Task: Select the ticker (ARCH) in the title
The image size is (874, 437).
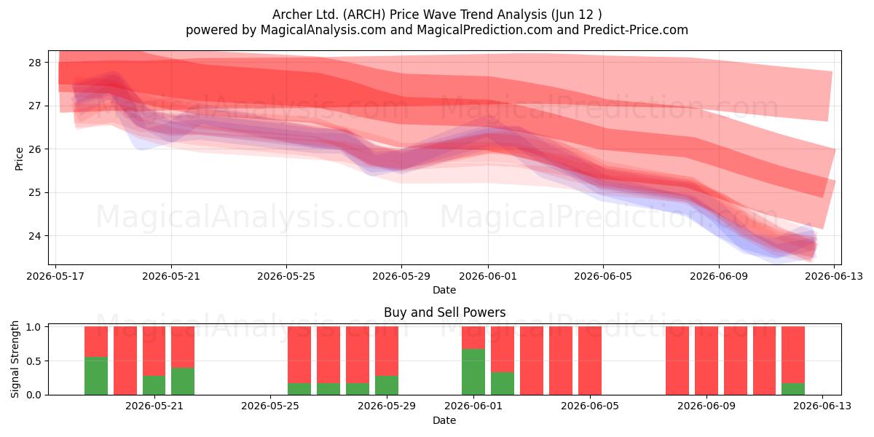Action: pos(364,15)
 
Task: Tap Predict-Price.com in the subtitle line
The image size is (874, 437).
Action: pos(636,30)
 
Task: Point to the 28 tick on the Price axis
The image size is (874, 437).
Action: pos(34,63)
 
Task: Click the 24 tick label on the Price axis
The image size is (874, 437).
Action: pos(34,236)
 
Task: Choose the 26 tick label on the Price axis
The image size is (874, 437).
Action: pos(34,149)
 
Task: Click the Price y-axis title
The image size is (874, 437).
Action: pos(19,160)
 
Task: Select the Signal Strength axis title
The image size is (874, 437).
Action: pos(15,359)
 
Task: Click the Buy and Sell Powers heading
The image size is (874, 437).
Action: pos(445,312)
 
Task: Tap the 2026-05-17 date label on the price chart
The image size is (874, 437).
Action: pos(55,276)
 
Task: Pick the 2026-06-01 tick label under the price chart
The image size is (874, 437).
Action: pos(488,276)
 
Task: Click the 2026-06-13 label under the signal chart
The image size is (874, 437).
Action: pos(822,406)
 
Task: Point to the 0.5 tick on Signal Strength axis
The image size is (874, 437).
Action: pos(34,361)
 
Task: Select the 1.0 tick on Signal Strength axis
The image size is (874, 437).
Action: pos(34,327)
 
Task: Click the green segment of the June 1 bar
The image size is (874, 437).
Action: pos(473,372)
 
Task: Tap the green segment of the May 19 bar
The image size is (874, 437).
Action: pos(96,376)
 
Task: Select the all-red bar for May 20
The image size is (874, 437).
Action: pos(125,361)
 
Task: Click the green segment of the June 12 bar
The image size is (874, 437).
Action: pos(793,389)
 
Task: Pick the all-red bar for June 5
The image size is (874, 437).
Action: pos(590,361)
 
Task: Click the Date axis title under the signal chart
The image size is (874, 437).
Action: pos(444,420)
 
